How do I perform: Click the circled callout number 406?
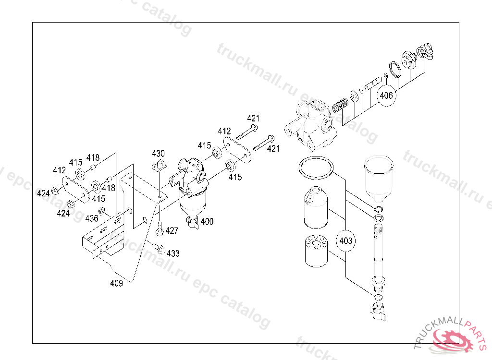pos(386,96)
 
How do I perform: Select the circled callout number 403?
pos(345,241)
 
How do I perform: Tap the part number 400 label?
pos(207,222)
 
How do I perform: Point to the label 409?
pos(116,283)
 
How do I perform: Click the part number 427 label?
pos(172,231)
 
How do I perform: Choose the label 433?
pos(173,253)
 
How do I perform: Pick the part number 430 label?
pos(158,153)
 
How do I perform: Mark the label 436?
pos(92,218)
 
